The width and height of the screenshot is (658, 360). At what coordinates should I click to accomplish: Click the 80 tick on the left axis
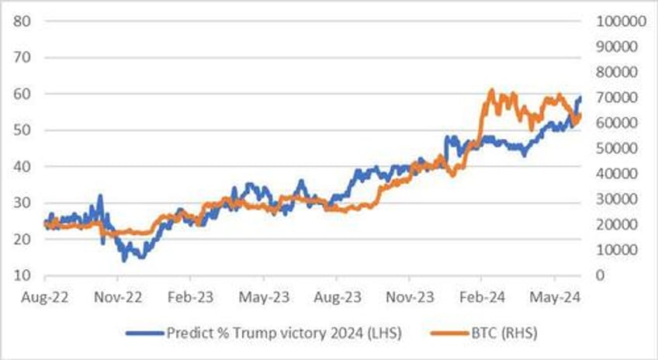tap(22, 21)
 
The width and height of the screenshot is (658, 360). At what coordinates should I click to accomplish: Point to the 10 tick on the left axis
tap(22, 275)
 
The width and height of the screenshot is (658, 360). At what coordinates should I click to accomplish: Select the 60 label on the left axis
tap(22, 94)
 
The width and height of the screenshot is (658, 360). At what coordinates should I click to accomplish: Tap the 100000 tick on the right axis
tap(619, 21)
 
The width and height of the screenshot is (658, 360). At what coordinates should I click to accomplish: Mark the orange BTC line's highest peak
tap(490, 91)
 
